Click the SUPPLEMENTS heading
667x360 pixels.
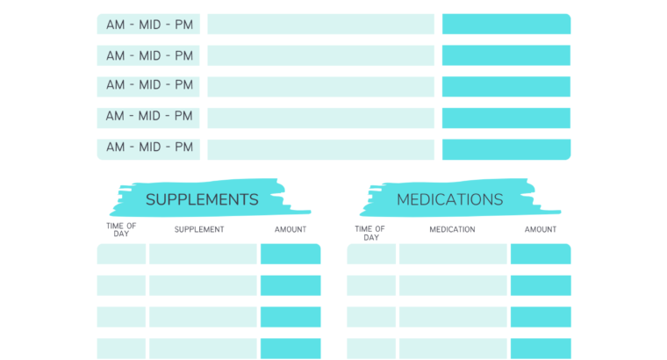[x=202, y=199]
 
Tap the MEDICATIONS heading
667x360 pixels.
[x=449, y=199]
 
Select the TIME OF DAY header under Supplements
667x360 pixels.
[x=121, y=230]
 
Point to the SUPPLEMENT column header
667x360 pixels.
[x=199, y=230]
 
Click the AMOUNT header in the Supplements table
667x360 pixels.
[x=290, y=230]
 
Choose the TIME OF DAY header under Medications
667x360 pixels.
[x=370, y=233]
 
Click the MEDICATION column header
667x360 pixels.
[x=452, y=230]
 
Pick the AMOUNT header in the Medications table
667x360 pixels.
[x=541, y=230]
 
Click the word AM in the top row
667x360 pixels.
[x=116, y=25]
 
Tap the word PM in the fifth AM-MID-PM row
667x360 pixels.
[x=183, y=148]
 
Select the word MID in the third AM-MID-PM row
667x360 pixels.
[x=149, y=85]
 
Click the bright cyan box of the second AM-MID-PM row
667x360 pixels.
[x=506, y=55]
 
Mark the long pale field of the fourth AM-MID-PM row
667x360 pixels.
[x=320, y=118]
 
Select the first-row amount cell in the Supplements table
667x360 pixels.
[x=290, y=255]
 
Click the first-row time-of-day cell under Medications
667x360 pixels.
[x=371, y=255]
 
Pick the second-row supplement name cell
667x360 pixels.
[x=203, y=285]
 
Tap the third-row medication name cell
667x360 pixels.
[x=453, y=317]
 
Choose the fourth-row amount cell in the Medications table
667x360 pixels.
[x=541, y=349]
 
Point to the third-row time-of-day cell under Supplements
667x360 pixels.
[x=121, y=317]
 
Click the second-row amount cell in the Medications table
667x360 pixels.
[x=541, y=285]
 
